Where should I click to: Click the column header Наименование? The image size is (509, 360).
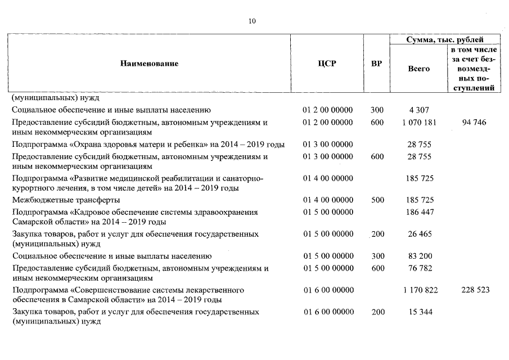click(149, 64)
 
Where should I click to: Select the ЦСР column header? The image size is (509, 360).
click(327, 64)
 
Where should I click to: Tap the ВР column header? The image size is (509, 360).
click(377, 64)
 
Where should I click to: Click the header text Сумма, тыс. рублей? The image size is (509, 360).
click(444, 39)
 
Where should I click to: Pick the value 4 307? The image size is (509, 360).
click(418, 110)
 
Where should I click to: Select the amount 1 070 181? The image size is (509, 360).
click(418, 122)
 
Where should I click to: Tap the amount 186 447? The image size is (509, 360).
click(418, 212)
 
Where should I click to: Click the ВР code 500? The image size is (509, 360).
click(377, 200)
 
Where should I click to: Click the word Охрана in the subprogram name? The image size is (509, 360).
click(88, 145)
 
